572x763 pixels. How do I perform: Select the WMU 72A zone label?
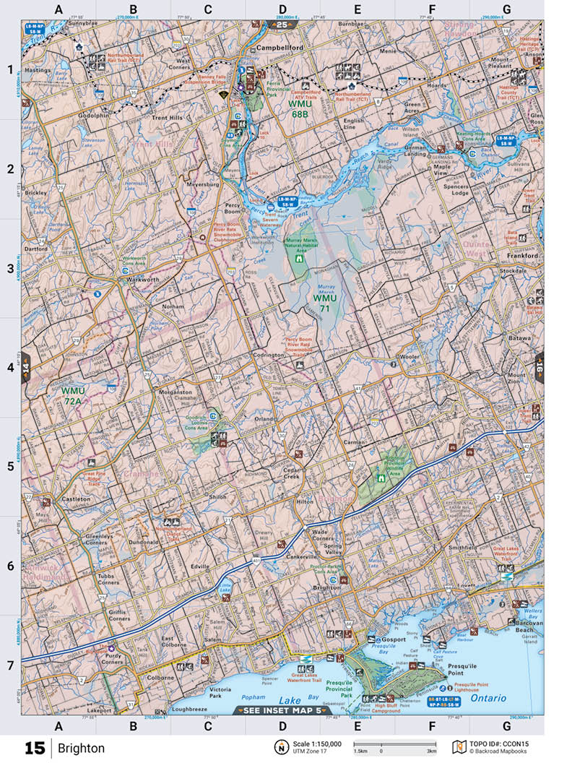(x=73, y=395)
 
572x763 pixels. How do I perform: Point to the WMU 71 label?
(x=324, y=303)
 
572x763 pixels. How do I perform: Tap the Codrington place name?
(x=269, y=355)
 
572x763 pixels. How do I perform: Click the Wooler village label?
(x=409, y=357)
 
